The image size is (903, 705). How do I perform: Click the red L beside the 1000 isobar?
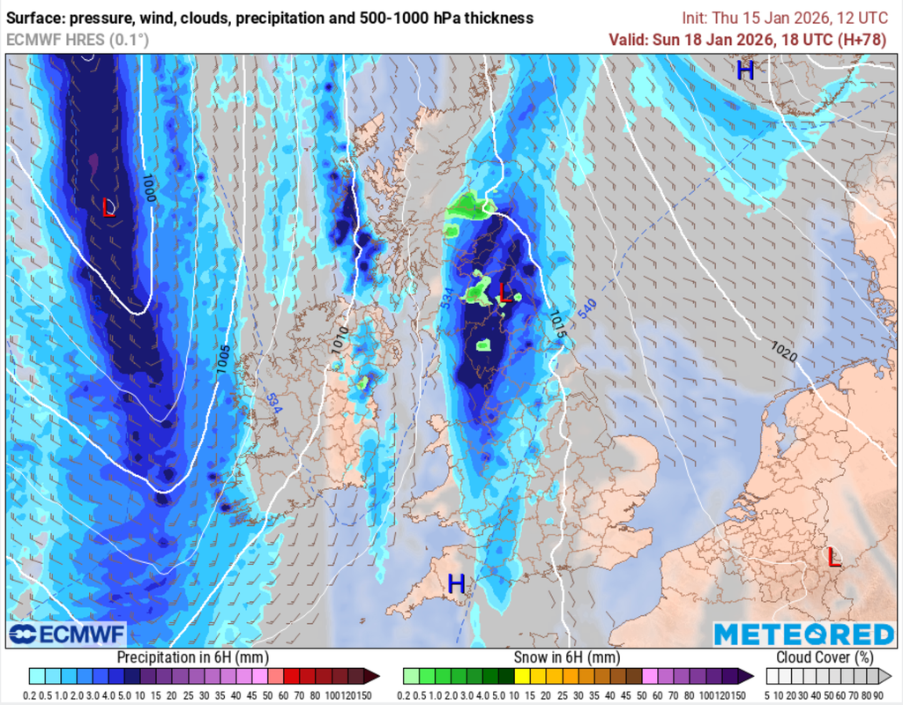108,207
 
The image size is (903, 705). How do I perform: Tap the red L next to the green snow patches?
504,293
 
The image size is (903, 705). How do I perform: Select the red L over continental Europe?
833,557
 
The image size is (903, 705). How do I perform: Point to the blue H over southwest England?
456,583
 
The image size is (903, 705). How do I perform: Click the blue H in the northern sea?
745,70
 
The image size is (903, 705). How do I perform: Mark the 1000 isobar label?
149,189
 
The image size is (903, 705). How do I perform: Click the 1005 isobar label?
223,360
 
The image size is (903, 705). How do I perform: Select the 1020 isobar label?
784,351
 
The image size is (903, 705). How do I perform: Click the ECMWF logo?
68,634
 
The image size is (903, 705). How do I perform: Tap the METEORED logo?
803,634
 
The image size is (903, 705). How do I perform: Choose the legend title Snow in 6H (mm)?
567,657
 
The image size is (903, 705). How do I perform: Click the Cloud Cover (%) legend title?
825,657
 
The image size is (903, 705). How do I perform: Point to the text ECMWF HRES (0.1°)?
78,40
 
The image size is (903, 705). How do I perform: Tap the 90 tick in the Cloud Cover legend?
879,694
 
